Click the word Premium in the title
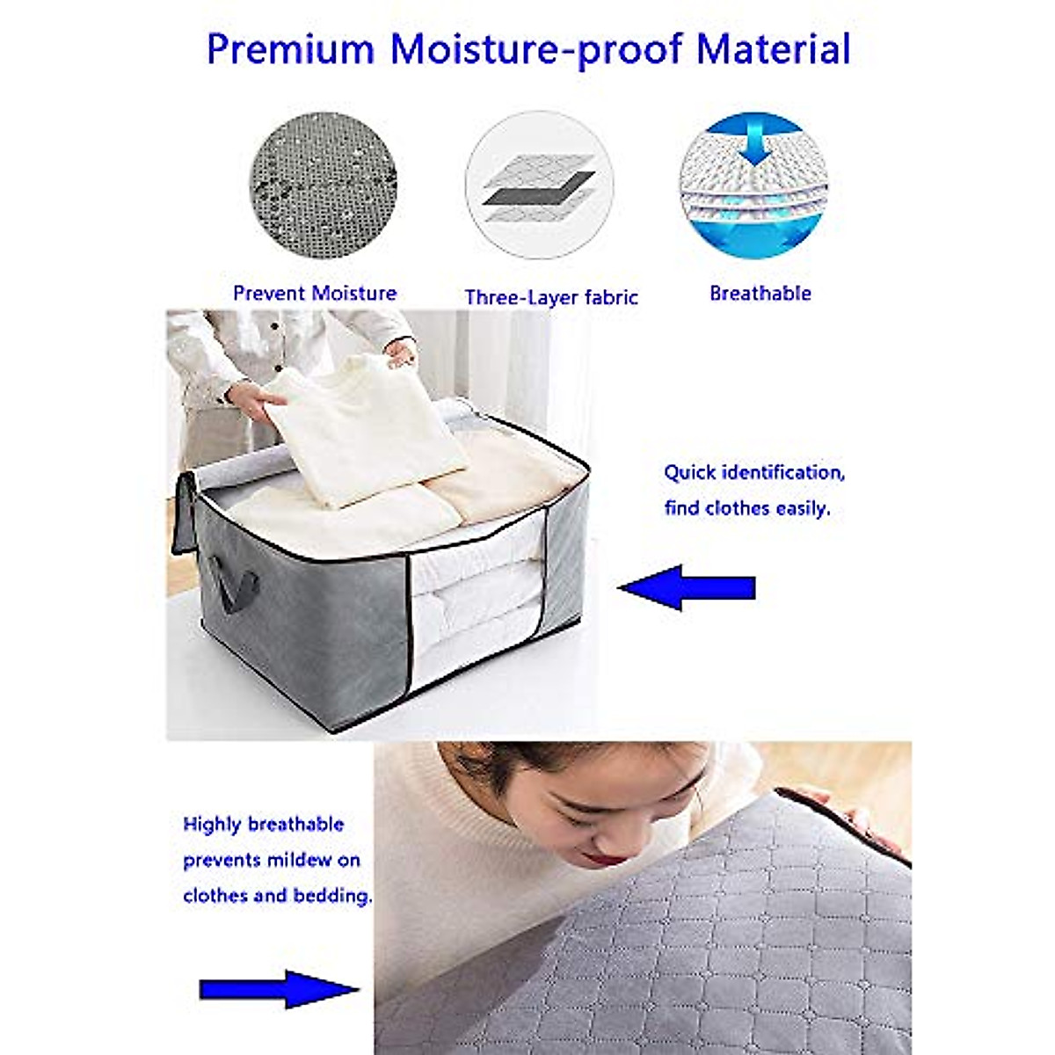290,49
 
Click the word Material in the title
774,49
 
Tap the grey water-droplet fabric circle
323,185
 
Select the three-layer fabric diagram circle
538,185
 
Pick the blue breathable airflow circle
753,185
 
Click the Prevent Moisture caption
315,294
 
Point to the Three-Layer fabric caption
551,298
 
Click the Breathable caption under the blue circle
760,294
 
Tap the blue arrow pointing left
688,587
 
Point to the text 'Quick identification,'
754,473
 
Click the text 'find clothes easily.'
746,508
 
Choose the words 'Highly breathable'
263,825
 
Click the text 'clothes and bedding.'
277,896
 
